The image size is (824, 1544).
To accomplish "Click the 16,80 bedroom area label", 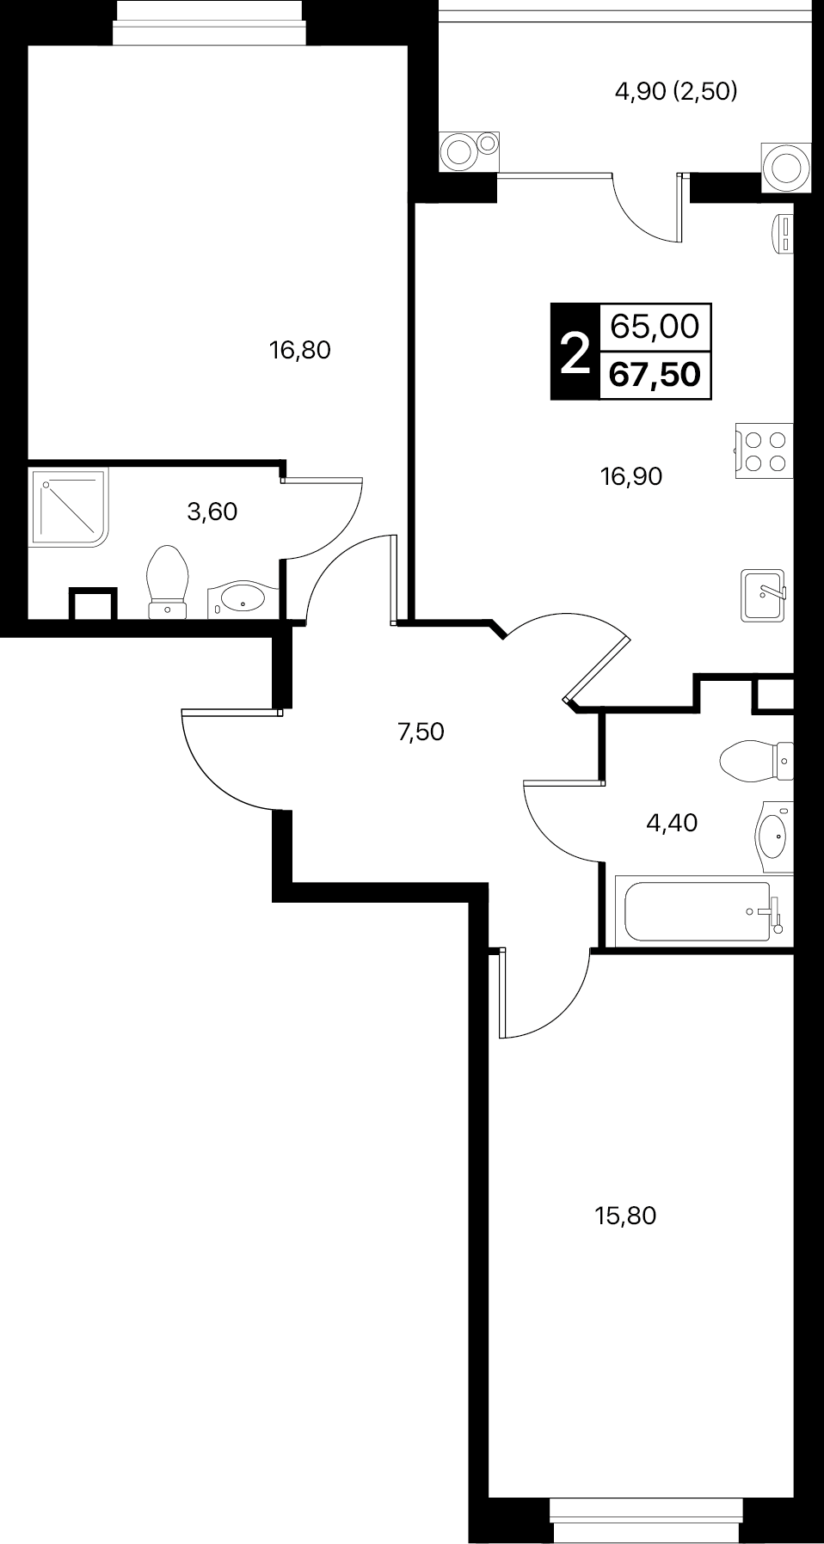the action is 300,350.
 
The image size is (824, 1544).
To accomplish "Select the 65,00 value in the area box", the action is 655,327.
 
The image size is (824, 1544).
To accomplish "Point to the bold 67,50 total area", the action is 655,375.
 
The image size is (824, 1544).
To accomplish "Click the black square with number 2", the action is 575,352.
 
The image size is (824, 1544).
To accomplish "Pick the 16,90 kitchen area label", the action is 631,475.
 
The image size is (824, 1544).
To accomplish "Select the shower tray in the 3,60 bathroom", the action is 70,506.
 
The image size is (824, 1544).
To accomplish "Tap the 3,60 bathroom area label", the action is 212,512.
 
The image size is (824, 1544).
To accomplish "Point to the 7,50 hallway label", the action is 421,732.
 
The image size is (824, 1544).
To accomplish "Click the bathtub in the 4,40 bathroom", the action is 704,910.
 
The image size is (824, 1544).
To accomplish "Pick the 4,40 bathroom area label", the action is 672,823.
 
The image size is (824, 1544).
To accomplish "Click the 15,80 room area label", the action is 625,1216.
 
